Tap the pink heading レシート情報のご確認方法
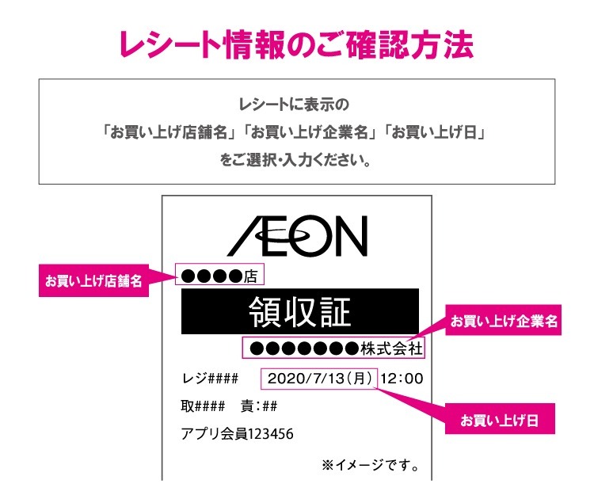click(x=296, y=45)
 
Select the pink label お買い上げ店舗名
click(x=93, y=281)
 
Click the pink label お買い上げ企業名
click(x=505, y=322)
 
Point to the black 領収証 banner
click(x=299, y=311)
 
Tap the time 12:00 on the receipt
click(x=402, y=378)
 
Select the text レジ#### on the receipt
click(x=210, y=379)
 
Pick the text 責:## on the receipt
click(x=258, y=406)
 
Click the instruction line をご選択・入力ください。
click(x=296, y=158)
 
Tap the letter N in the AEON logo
click(x=348, y=235)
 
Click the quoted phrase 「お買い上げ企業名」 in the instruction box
click(x=311, y=131)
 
